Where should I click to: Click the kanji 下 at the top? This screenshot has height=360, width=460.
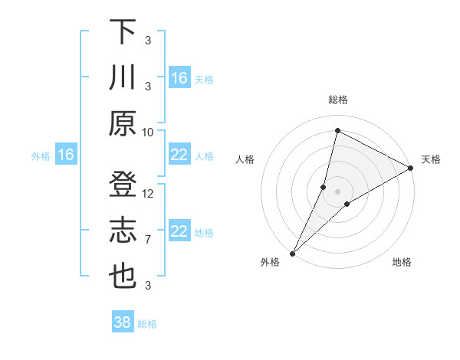point(122,32)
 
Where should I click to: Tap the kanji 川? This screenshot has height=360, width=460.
point(122,78)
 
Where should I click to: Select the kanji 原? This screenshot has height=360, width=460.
point(122,123)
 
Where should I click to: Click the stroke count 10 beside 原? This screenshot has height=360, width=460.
point(148,132)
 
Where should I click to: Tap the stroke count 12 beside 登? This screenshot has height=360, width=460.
point(148,193)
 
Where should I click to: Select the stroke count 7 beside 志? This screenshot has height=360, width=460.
point(148,240)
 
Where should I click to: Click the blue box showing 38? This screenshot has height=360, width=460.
point(123,322)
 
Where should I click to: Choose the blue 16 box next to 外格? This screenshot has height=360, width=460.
point(65,155)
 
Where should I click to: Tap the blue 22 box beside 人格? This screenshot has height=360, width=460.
point(179,155)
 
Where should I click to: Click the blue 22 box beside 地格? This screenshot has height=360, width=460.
point(179,232)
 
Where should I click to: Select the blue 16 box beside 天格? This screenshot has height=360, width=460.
point(179,78)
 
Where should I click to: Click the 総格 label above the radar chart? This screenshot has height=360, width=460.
point(338,100)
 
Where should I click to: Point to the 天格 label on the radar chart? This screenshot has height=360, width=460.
point(431,159)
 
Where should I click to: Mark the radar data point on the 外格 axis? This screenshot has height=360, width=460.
point(292,254)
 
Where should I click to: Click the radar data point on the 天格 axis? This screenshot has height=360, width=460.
point(412,168)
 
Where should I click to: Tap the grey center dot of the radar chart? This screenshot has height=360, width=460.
point(338,191)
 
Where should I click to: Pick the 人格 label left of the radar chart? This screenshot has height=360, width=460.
point(245,159)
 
